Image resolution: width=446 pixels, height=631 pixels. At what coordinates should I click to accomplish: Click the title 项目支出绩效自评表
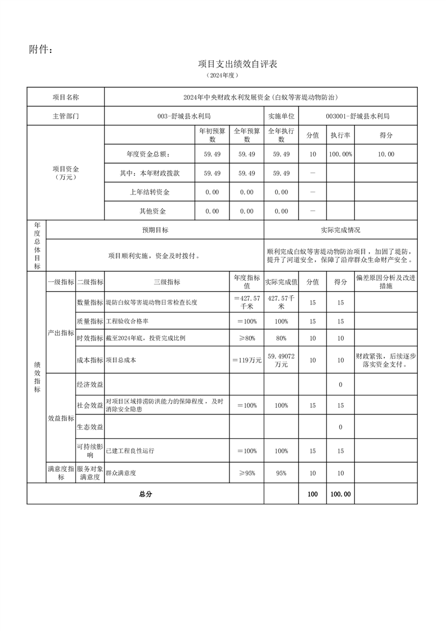238,64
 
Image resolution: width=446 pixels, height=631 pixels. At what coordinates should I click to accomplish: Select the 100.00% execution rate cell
340,154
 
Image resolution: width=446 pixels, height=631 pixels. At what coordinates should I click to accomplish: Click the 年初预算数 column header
212,135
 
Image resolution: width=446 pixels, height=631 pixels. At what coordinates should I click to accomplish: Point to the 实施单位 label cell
281,116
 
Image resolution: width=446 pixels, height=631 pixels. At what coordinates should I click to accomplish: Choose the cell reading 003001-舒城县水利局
358,116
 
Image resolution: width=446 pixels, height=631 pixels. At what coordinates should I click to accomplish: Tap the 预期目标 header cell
155,230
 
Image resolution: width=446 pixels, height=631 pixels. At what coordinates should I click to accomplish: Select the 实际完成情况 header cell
340,230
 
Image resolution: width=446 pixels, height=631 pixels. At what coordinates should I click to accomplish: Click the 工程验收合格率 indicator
127,321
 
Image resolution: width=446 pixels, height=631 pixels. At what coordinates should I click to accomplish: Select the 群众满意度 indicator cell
121,473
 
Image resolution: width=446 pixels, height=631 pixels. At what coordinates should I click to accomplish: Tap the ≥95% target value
247,473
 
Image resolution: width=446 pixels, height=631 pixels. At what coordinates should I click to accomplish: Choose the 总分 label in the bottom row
145,494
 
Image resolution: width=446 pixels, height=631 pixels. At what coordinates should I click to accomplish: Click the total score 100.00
340,494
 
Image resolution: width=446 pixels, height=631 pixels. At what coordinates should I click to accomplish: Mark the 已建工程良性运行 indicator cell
130,451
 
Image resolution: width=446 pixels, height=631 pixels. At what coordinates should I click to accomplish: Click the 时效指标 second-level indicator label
90,338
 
